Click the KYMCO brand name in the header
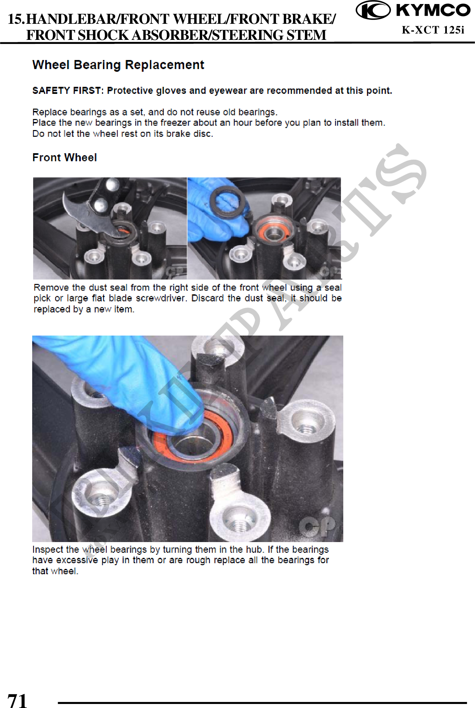tap(433, 10)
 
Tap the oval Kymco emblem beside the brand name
tap(373, 10)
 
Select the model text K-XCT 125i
tap(433, 30)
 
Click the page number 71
tap(17, 700)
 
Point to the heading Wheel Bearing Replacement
tap(118, 65)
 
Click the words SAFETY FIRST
tap(66, 91)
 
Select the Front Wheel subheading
tap(65, 158)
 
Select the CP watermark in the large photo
tap(317, 526)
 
